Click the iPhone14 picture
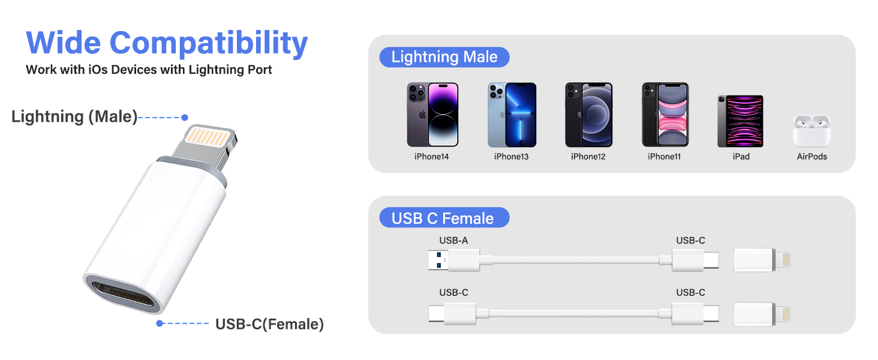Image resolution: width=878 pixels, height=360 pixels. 432,115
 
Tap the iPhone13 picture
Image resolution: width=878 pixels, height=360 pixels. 512,115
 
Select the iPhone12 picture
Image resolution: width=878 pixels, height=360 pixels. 588,115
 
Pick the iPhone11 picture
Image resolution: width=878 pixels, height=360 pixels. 665,115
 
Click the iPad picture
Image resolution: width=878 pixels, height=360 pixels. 740,121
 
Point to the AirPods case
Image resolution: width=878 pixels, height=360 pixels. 811,131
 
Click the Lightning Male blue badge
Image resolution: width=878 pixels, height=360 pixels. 444,58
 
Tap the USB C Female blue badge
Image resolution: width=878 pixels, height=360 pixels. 444,218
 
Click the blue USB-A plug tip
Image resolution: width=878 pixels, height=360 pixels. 438,260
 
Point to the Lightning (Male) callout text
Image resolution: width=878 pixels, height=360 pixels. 74,117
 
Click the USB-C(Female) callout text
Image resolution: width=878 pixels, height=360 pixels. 269,325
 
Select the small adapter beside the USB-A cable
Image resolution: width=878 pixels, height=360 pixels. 763,260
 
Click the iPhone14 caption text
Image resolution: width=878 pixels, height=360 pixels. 431,157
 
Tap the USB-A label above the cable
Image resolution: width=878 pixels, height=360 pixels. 453,241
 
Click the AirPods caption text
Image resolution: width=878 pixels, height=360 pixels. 811,157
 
